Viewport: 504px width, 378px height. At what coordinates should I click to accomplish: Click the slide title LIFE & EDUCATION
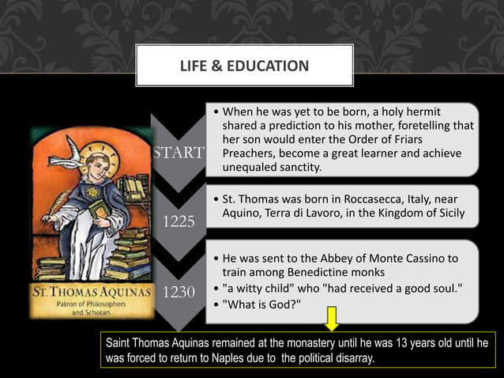[244, 66]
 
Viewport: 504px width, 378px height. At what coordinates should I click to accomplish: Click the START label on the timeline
[179, 153]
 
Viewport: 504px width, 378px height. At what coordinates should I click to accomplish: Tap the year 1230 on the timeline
[179, 292]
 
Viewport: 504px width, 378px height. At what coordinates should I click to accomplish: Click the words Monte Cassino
[394, 259]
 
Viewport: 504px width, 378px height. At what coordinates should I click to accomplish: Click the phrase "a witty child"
[261, 289]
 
